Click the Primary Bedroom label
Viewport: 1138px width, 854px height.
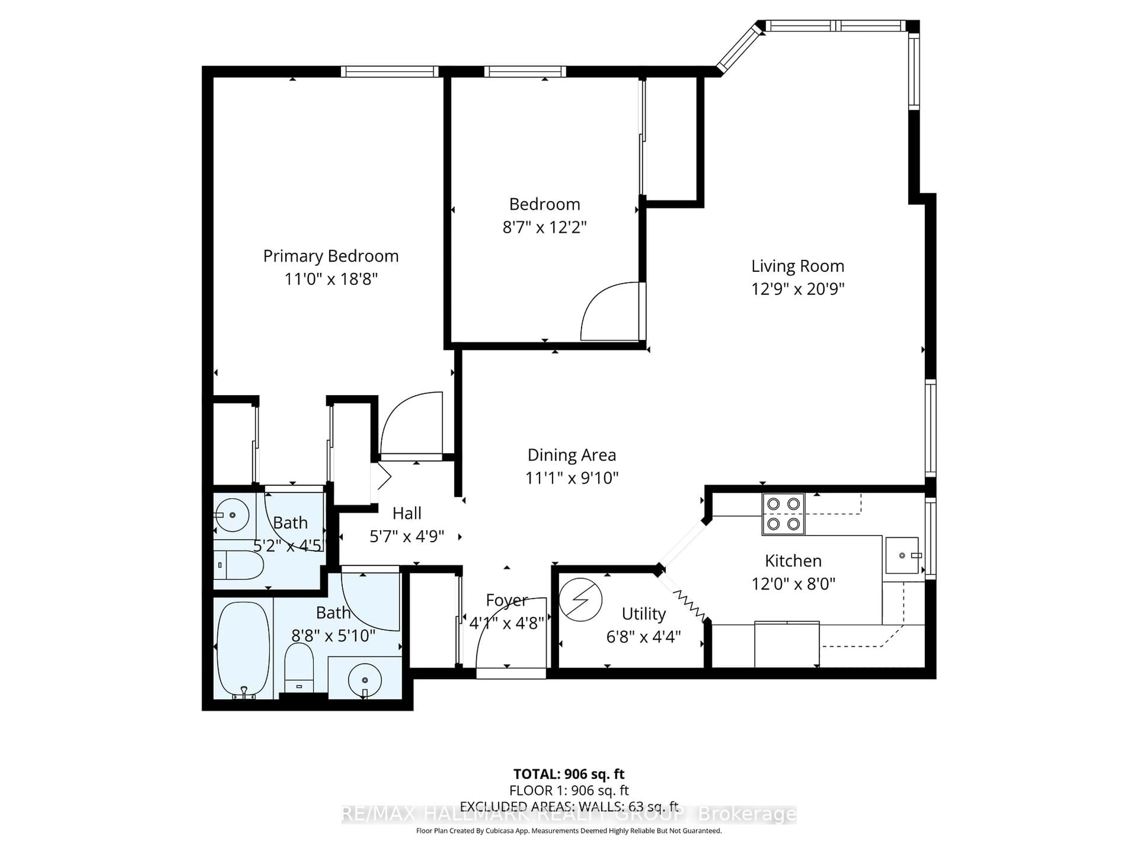click(331, 256)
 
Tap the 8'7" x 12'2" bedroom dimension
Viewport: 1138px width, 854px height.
click(544, 227)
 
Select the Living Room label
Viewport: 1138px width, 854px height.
click(797, 266)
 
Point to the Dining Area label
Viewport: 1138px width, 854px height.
click(572, 455)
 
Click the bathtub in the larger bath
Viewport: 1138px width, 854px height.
click(243, 650)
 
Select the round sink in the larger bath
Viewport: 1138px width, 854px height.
click(365, 680)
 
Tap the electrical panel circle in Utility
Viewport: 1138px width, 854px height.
click(580, 599)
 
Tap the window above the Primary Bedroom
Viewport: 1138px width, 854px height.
click(389, 71)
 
